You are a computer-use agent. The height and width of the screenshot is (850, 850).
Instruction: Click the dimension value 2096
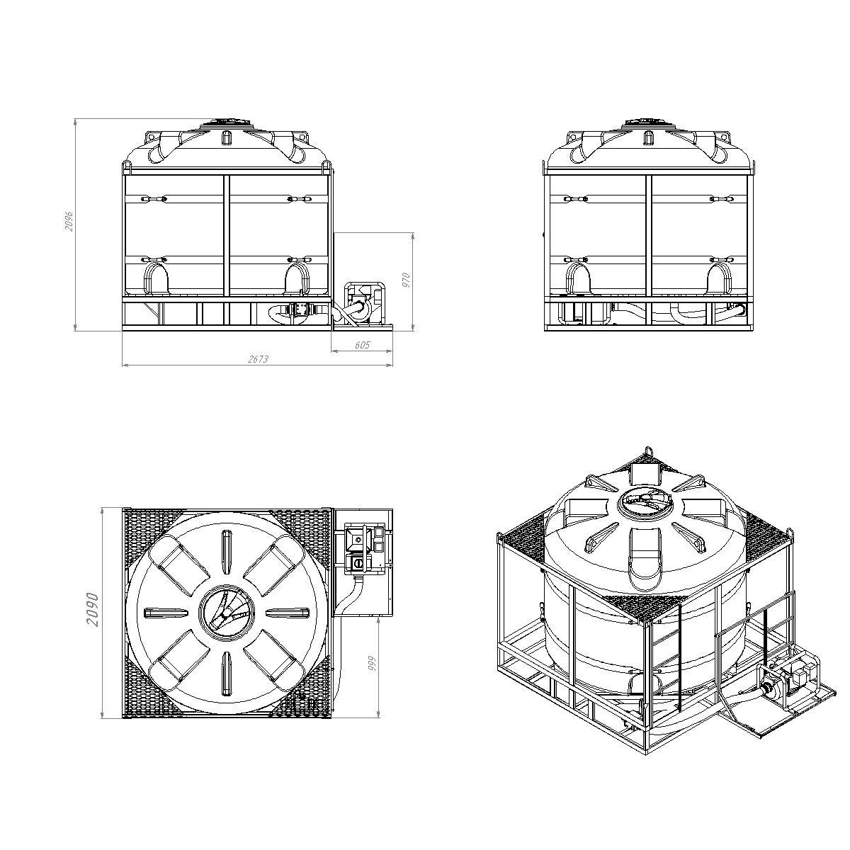[69, 221]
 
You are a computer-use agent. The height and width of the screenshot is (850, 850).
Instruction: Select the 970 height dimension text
[407, 280]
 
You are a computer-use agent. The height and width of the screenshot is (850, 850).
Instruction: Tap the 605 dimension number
[362, 345]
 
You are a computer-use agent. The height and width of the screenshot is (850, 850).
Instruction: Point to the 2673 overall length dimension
[258, 359]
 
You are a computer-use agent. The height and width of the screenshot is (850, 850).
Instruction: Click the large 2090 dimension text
[93, 610]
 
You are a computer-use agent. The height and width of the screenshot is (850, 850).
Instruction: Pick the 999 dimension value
[372, 664]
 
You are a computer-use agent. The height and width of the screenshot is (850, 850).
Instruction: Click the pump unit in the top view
[364, 549]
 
